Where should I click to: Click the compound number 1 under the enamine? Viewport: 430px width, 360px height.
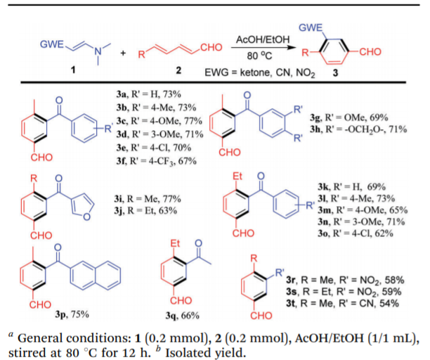[x=77, y=70]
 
